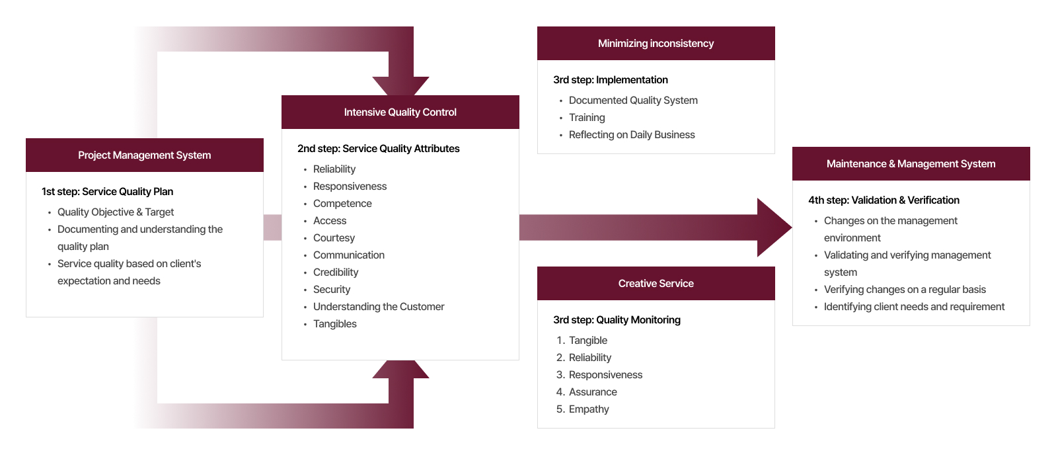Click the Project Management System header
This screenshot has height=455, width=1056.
pos(144,155)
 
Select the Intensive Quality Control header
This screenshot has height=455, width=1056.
pos(400,112)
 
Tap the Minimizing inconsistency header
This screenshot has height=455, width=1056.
pos(656,44)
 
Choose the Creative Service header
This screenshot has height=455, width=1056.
pos(656,284)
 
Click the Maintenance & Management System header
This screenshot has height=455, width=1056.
pos(911,164)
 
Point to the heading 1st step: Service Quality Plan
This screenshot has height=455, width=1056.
pos(107,192)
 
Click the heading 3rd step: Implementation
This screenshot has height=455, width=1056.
pos(610,80)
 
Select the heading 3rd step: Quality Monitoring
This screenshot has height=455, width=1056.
pos(617,320)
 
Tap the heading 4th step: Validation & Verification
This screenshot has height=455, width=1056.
pos(884,200)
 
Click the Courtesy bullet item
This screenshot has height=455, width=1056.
pos(334,238)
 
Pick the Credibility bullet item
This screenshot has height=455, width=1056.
pos(336,272)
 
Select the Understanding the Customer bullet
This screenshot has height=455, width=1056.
pos(379,307)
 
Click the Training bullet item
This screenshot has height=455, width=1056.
pos(587,118)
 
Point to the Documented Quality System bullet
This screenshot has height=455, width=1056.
pos(633,101)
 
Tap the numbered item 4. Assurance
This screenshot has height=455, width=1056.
pos(592,392)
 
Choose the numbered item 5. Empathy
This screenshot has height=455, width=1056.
pos(588,409)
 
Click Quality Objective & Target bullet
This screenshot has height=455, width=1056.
pos(116,212)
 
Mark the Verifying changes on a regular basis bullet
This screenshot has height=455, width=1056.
pos(905,290)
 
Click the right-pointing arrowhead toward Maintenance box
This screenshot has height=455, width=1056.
pos(773,227)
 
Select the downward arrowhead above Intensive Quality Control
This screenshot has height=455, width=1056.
pos(400,85)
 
